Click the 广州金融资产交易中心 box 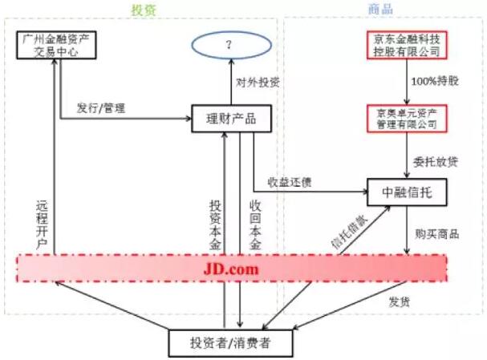pos(56,45)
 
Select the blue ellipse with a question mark pos(231,45)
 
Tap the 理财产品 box pos(231,119)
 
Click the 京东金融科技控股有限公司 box pos(407,45)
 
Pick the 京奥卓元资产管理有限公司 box pos(407,119)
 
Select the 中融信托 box pos(407,192)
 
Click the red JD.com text pos(231,269)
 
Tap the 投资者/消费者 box pos(230,343)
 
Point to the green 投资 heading pos(144,10)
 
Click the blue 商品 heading pos(380,9)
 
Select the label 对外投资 pos(258,83)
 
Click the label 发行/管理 pos(101,108)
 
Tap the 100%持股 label pos(435,81)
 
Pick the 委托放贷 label pos(436,162)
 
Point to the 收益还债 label pos(290,182)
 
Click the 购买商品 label pos(437,234)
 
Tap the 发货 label pos(400,301)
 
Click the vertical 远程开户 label pos(42,225)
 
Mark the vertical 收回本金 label pos(255,225)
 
